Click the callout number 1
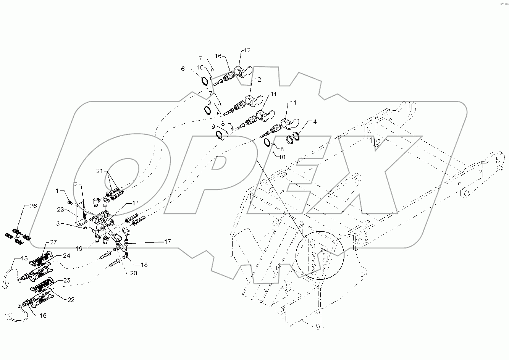[58, 190]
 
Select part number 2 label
[76, 184]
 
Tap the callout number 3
[58, 223]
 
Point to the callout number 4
[315, 122]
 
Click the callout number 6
[183, 69]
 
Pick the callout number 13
[24, 258]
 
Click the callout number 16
[218, 56]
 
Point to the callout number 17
[168, 242]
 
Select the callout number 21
[100, 172]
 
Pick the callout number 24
[67, 256]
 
